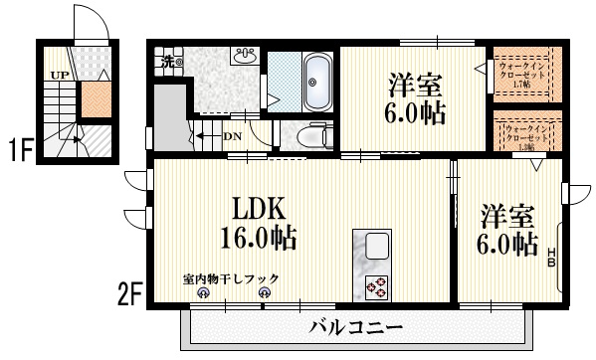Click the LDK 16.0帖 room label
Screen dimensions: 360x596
point(260,223)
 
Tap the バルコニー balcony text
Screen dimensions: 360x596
point(354,326)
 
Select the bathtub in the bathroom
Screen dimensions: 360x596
point(316,81)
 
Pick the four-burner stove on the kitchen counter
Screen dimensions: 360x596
point(377,286)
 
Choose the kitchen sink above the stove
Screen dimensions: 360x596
point(377,246)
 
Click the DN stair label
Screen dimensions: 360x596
point(232,137)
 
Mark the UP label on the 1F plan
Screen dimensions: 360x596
point(60,74)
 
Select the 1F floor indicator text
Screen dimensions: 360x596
point(21,152)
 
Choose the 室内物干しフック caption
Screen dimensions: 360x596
point(231,278)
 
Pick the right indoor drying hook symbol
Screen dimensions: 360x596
point(264,293)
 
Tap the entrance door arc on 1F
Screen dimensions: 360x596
point(88,22)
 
